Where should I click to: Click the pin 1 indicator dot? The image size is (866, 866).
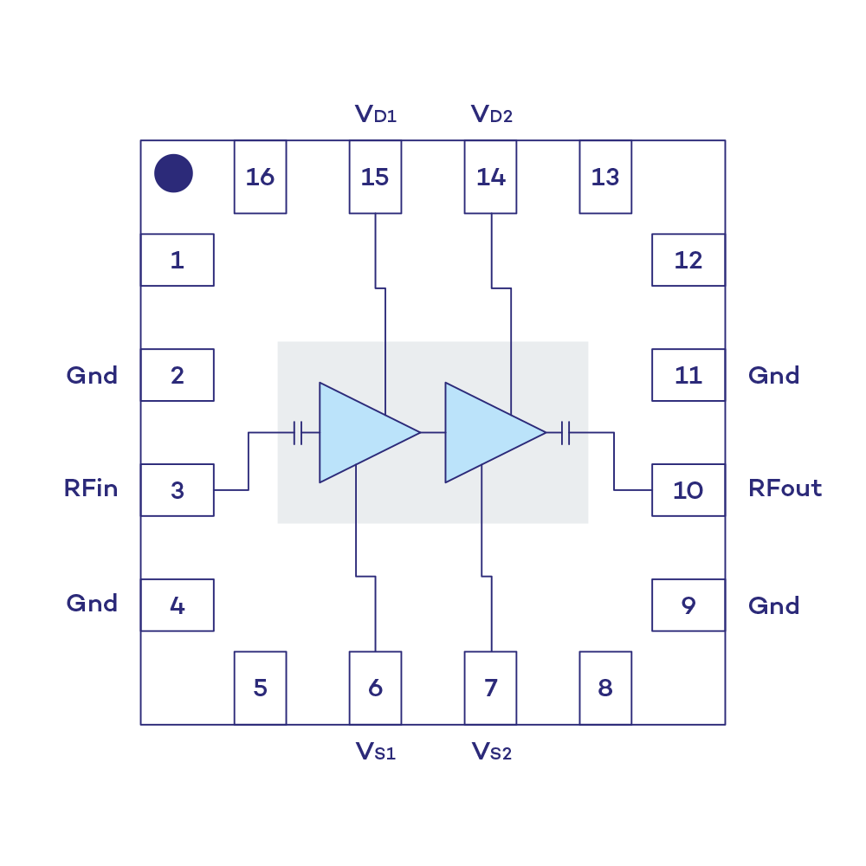click(x=173, y=174)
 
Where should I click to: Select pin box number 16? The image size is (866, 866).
click(x=260, y=178)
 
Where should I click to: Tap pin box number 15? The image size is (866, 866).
click(x=375, y=178)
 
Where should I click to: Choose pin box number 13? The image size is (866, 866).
click(x=605, y=178)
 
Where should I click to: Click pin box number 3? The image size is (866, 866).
click(x=178, y=490)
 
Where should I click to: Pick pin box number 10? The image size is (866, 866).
click(x=688, y=490)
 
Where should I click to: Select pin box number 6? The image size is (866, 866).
click(x=375, y=688)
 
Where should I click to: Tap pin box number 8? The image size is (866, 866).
click(x=605, y=688)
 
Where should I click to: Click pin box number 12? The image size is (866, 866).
click(x=688, y=260)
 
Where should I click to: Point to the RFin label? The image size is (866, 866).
click(x=91, y=488)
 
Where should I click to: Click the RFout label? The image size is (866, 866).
click(x=785, y=488)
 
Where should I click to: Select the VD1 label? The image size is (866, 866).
click(x=376, y=114)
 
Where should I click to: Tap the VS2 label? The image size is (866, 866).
click(x=491, y=750)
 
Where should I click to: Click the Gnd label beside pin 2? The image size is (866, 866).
click(x=92, y=375)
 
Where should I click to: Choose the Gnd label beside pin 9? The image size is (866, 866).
click(x=773, y=604)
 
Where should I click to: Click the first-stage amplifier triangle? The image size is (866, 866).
click(x=359, y=432)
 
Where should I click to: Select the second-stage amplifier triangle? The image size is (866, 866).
click(x=485, y=432)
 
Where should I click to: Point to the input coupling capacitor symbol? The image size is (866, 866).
click(x=298, y=432)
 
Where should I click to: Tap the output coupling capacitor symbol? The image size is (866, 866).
click(x=567, y=432)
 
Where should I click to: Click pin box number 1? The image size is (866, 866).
click(x=178, y=260)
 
